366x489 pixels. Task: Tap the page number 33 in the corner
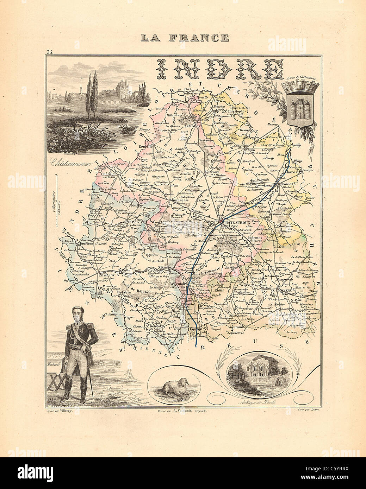49,52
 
